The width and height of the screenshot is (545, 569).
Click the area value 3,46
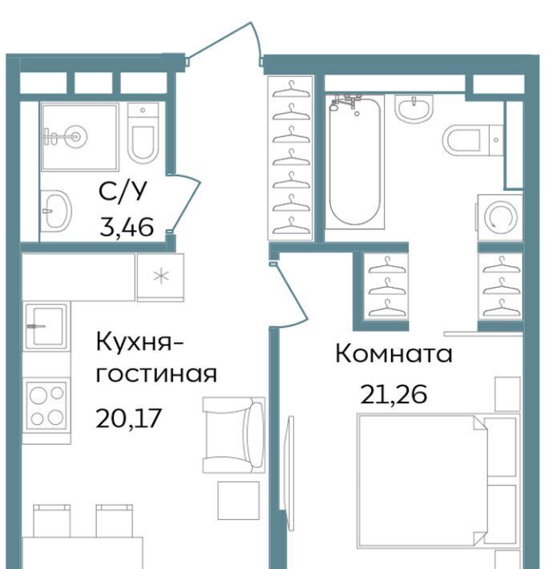point(127,227)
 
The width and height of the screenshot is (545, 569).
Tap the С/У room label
point(123,191)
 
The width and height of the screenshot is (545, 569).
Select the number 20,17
point(128,418)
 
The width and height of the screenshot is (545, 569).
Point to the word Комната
point(394,353)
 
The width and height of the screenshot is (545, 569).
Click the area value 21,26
point(394,394)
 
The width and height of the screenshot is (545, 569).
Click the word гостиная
point(156,374)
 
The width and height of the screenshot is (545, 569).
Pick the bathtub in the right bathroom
point(354,161)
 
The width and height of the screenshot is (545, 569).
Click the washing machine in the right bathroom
point(500,217)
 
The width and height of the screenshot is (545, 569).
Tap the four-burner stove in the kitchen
point(46,406)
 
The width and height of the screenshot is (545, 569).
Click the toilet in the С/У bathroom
point(143,133)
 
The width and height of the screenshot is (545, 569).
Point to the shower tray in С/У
point(80,137)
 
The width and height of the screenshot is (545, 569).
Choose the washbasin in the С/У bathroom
point(55,210)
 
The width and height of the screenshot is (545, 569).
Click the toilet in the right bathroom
point(473,139)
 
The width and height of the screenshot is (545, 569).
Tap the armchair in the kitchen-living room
point(233,434)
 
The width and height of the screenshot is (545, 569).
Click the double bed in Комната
point(422,481)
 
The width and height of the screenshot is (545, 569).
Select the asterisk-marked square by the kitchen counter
point(161,277)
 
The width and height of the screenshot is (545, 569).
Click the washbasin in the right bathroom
point(414,107)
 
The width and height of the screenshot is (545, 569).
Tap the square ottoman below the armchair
point(239,500)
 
